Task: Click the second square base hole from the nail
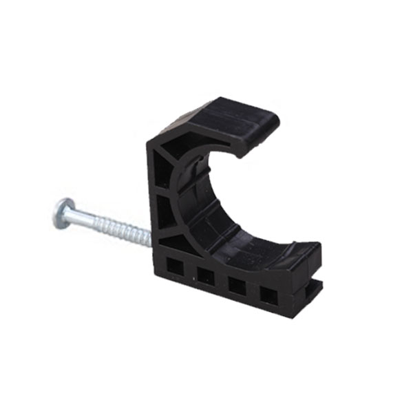tap(206, 275)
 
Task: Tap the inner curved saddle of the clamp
tap(206, 206)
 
